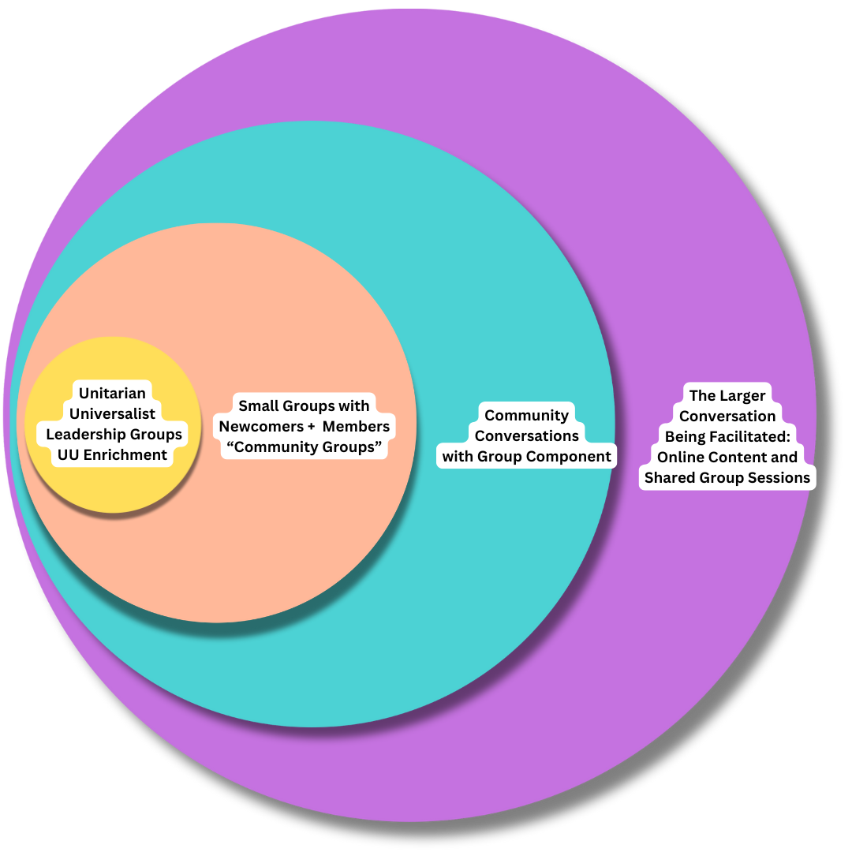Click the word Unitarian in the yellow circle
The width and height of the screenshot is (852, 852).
pos(112,393)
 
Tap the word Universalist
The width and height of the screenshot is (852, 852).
pos(112,413)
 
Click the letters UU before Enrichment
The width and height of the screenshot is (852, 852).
pos(68,454)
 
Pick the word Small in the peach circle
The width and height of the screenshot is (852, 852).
pos(259,406)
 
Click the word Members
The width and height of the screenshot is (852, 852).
pos(356,427)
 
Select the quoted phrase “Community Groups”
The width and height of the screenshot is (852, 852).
pos(304,447)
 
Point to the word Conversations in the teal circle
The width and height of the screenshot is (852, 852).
pos(526,435)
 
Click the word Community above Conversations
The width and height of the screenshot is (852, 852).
pos(526,415)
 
